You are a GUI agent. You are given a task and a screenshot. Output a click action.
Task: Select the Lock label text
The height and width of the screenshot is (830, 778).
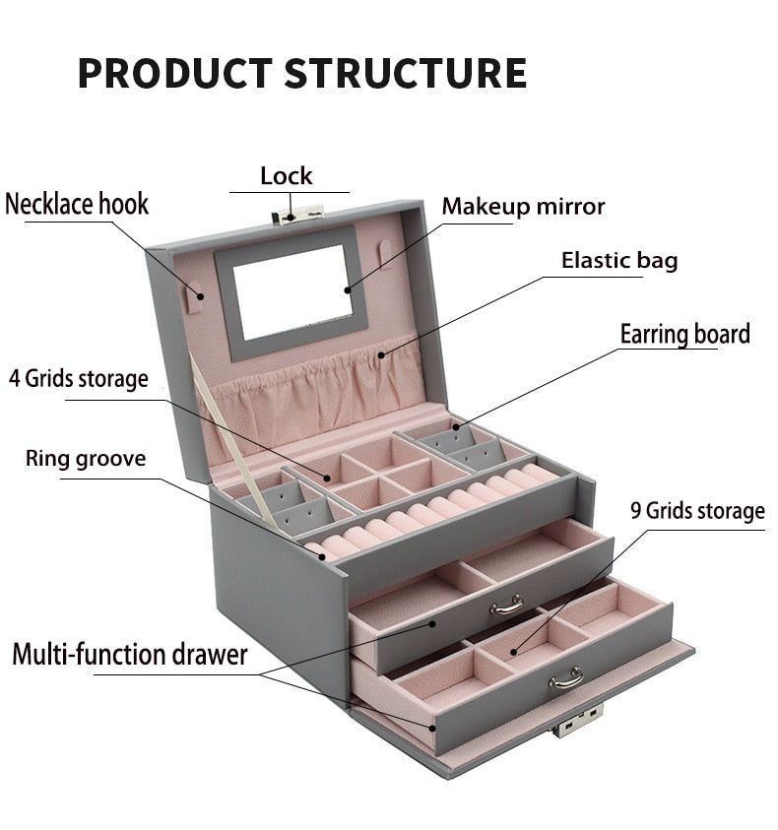point(286,176)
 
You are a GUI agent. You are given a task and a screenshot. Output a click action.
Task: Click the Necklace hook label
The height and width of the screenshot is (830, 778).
point(77,205)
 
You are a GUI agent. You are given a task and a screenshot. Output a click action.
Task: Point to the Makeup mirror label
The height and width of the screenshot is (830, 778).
point(523,207)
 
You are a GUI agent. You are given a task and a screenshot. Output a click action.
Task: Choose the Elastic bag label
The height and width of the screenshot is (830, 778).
point(619,261)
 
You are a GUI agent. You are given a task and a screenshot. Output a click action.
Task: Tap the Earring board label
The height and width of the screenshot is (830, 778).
point(684,334)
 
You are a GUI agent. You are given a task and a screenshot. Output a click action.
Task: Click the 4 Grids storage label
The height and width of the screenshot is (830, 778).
point(79,378)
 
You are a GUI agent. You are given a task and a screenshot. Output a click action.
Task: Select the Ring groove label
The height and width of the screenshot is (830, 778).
point(86,458)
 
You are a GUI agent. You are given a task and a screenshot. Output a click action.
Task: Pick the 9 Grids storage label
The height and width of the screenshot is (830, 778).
point(697,511)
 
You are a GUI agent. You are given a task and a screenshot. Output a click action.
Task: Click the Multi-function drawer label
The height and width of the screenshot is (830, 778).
point(130,655)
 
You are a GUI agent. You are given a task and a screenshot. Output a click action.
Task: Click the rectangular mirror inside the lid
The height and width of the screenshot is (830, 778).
point(292,291)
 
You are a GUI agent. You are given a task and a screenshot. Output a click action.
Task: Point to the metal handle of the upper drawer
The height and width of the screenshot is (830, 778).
point(506,605)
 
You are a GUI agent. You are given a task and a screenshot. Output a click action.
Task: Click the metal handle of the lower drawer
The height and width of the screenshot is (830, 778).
point(565,677)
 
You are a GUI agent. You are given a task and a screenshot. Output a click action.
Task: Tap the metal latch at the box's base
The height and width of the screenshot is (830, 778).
point(577,723)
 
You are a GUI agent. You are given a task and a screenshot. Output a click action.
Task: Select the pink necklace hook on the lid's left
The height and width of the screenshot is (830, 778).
point(195,295)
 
